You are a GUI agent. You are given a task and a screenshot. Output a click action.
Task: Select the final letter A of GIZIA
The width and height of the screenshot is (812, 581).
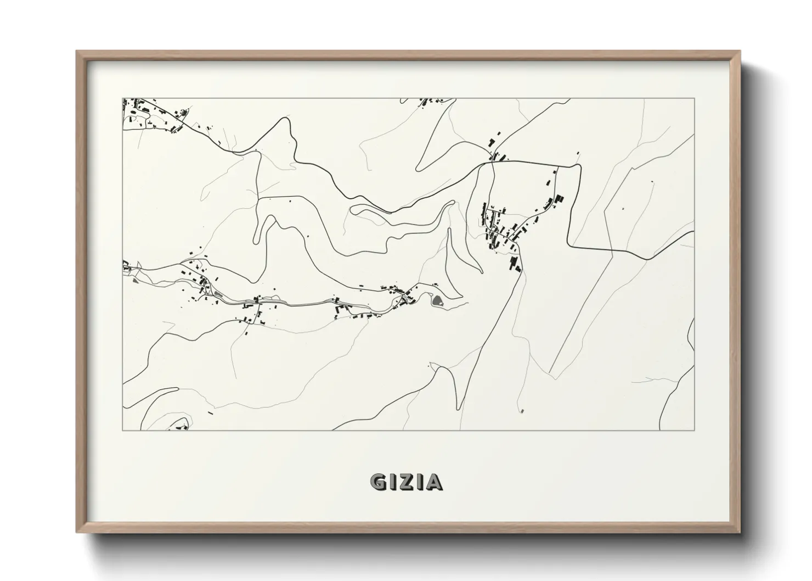click(434, 482)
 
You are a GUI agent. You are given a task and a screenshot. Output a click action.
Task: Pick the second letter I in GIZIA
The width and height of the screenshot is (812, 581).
click(420, 482)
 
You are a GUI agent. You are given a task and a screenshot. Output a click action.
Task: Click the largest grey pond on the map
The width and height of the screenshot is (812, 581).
click(438, 300)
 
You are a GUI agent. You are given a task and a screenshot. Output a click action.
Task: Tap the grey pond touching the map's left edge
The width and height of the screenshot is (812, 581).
click(135, 280)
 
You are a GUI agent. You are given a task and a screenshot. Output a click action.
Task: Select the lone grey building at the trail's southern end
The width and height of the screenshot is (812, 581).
click(522, 410)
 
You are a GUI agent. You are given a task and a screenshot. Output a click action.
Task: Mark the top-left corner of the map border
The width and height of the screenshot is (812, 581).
click(123, 98)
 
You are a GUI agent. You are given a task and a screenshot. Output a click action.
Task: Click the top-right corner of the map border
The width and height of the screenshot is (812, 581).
click(694, 98)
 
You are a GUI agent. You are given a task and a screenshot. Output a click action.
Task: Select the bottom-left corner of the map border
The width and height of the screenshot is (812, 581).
click(123, 430)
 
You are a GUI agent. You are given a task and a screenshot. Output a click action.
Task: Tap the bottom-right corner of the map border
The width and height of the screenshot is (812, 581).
click(694, 430)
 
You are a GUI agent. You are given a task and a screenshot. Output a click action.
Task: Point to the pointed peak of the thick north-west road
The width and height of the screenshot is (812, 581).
click(284, 118)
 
